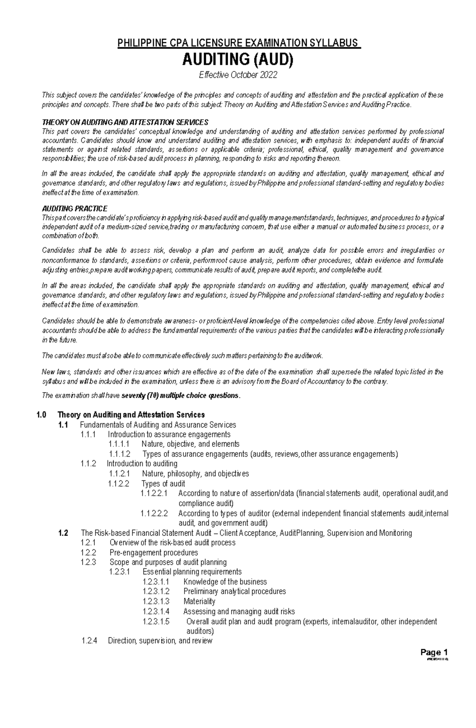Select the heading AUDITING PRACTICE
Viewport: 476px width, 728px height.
click(x=75, y=208)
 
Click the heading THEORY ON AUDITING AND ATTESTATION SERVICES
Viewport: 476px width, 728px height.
click(x=125, y=122)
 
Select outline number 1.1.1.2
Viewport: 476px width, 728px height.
click(x=119, y=454)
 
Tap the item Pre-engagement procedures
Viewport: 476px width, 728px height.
click(x=154, y=553)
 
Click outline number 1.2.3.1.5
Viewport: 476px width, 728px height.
click(x=156, y=621)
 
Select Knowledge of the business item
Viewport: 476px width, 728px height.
click(x=225, y=582)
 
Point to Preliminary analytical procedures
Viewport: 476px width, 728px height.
click(x=234, y=591)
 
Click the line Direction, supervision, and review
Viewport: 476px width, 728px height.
click(x=160, y=641)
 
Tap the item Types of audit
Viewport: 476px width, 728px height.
click(x=163, y=483)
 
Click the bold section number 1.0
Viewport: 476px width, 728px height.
click(x=41, y=415)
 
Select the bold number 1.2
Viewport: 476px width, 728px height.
click(x=63, y=533)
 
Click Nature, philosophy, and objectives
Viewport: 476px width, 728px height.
click(x=195, y=474)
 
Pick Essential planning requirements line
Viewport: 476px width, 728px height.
click(x=192, y=572)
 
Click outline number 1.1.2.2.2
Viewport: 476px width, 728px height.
click(x=154, y=513)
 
